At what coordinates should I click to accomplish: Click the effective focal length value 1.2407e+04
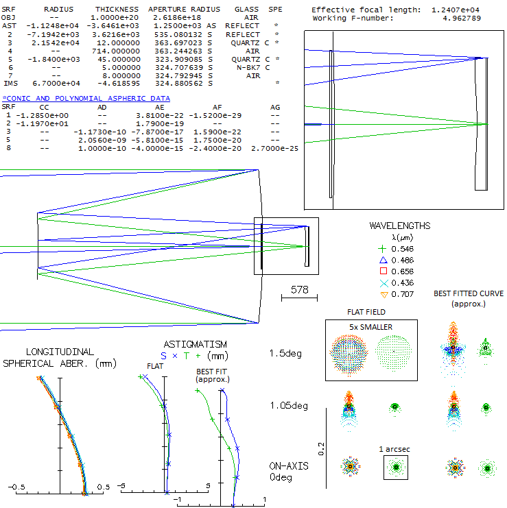(455, 10)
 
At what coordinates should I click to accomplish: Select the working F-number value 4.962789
(462, 18)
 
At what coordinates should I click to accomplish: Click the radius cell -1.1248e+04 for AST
(53, 26)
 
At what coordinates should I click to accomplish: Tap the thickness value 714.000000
(116, 51)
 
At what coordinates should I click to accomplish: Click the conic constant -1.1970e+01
(42, 124)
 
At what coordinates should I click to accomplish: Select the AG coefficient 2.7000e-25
(274, 148)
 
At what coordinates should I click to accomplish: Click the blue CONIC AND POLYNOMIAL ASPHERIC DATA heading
(86, 99)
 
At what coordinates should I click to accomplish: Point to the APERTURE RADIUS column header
(184, 10)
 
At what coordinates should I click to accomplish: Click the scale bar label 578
(300, 289)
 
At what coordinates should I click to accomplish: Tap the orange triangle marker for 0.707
(384, 295)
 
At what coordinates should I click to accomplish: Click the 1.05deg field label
(289, 406)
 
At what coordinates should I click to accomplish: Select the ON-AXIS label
(289, 466)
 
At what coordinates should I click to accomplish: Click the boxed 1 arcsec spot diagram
(395, 468)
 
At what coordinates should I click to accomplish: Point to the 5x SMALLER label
(370, 327)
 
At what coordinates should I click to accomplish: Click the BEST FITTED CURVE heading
(469, 293)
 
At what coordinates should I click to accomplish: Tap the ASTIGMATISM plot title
(195, 344)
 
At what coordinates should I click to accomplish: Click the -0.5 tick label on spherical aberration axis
(16, 487)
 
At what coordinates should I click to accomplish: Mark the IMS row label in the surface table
(11, 84)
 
